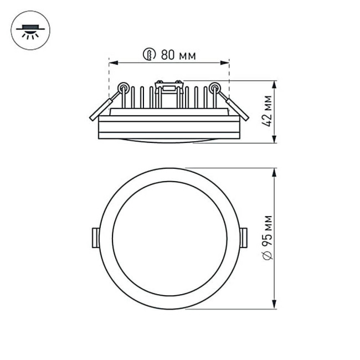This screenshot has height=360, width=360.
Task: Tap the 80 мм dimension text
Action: pyautogui.click(x=178, y=55)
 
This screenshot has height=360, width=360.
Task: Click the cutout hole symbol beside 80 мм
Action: pyautogui.click(x=149, y=54)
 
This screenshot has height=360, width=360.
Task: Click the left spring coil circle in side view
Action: pyautogui.click(x=125, y=87)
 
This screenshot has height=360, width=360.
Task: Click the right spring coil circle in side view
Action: pyautogui.click(x=214, y=87)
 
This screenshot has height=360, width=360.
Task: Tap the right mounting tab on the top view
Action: pyautogui.click(x=244, y=236)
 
